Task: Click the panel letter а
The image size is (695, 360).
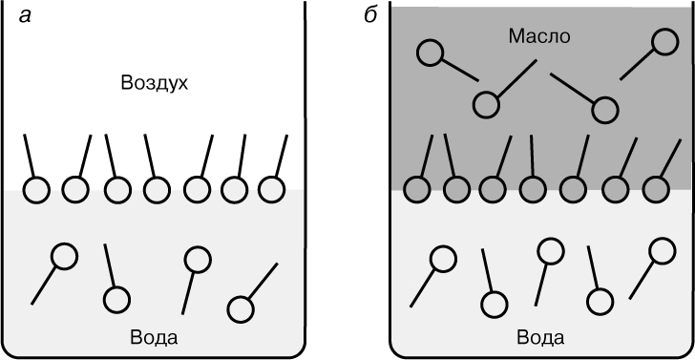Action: pyautogui.click(x=25, y=16)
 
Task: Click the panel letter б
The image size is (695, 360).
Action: pyautogui.click(x=370, y=15)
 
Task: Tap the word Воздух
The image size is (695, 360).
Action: pyautogui.click(x=155, y=83)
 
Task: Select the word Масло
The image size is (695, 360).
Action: pyautogui.click(x=538, y=36)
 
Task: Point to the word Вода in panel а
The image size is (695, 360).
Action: pyautogui.click(x=155, y=337)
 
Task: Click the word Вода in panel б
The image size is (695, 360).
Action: pyautogui.click(x=540, y=337)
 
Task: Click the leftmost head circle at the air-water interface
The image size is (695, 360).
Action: pyautogui.click(x=36, y=190)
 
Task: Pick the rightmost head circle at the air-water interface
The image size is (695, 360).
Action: pyautogui.click(x=271, y=189)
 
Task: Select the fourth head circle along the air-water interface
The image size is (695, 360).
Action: pyautogui.click(x=157, y=190)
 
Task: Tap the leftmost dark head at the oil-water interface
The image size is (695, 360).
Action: pyautogui.click(x=416, y=190)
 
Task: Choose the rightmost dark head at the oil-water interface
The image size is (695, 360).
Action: pyautogui.click(x=656, y=189)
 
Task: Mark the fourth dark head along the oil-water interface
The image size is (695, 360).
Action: pyautogui.click(x=533, y=190)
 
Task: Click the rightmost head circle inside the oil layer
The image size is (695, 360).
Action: pyautogui.click(x=664, y=42)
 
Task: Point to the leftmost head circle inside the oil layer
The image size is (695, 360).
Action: pyautogui.click(x=430, y=53)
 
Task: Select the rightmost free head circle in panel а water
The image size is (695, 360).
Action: pyautogui.click(x=241, y=309)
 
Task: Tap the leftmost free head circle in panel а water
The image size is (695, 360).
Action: pyautogui.click(x=65, y=256)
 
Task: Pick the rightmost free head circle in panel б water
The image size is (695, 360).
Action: pyautogui.click(x=663, y=250)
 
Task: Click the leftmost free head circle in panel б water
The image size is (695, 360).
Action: pyautogui.click(x=443, y=259)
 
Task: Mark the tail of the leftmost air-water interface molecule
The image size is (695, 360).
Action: pyautogui.click(x=29, y=155)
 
